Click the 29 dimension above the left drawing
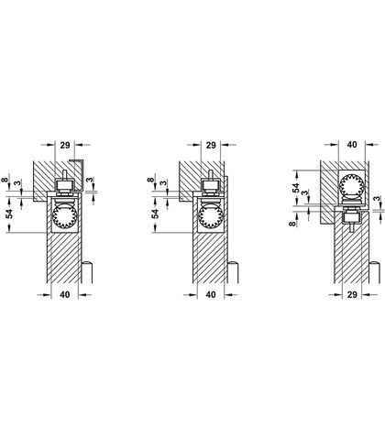pyautogui.click(x=65, y=145)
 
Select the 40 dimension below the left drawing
pyautogui.click(x=64, y=294)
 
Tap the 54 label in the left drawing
pyautogui.click(x=10, y=214)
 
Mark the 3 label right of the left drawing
pyautogui.click(x=89, y=180)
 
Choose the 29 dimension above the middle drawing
pyautogui.click(x=211, y=145)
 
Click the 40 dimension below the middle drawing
pyautogui.click(x=211, y=294)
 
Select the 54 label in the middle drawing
pyautogui.click(x=156, y=214)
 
